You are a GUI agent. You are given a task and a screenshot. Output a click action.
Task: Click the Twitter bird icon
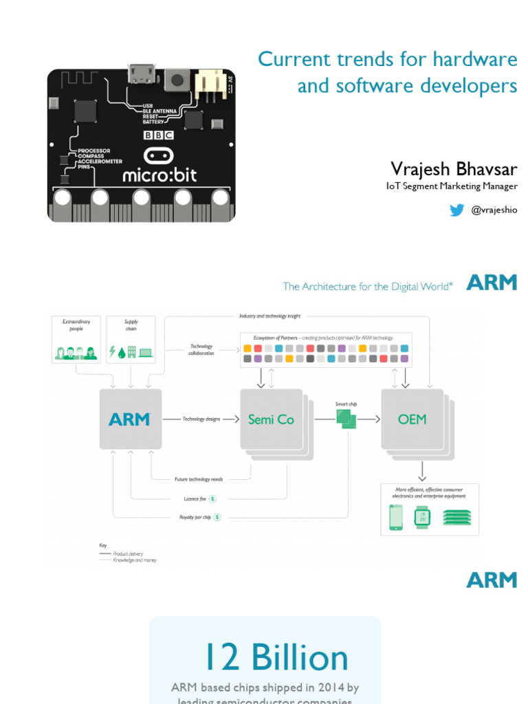click(456, 210)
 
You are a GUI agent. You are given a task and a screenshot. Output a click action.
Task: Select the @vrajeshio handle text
click(494, 210)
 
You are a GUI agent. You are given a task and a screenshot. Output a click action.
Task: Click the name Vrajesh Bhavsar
click(454, 169)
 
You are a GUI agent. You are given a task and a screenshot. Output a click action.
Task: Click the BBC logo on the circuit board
click(159, 135)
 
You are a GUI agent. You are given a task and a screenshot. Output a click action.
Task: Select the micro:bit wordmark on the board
click(159, 175)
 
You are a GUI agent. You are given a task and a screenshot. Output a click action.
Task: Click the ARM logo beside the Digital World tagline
click(492, 283)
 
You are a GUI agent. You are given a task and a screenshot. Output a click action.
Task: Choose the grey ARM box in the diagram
click(131, 419)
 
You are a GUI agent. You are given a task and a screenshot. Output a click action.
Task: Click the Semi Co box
click(271, 419)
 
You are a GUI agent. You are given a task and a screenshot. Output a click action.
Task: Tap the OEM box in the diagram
click(412, 419)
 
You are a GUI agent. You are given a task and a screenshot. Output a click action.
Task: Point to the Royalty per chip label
click(195, 517)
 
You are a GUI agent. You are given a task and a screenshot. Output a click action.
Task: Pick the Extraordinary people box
click(76, 339)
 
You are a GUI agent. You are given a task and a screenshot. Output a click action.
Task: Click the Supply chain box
click(131, 339)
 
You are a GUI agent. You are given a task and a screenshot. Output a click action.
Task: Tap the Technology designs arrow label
click(201, 419)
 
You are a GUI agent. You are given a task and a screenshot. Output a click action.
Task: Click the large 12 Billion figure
click(276, 658)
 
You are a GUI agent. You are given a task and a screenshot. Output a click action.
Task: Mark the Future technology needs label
click(199, 478)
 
